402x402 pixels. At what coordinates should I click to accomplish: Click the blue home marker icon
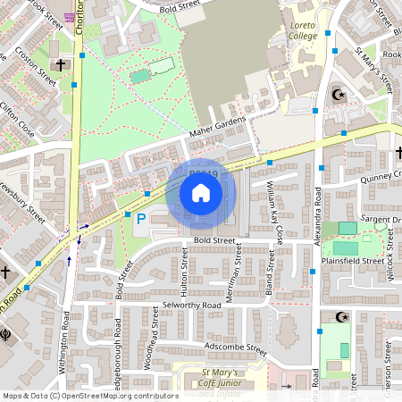[201, 193]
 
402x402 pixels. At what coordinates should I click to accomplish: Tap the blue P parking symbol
[139, 218]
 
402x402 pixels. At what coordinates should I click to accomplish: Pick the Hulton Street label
[184, 273]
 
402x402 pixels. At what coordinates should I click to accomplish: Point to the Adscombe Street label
[236, 345]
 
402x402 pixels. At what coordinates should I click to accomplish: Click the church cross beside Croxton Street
[62, 65]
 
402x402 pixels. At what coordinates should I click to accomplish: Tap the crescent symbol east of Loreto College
[338, 94]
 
